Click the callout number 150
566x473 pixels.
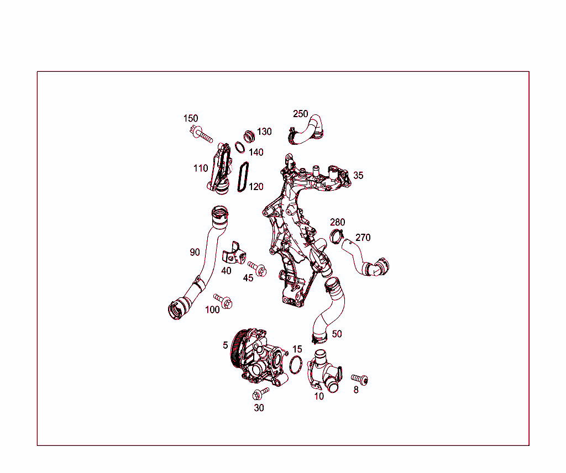coord(191,118)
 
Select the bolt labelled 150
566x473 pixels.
coord(201,134)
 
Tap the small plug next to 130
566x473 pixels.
coord(249,136)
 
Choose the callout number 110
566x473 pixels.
coord(201,168)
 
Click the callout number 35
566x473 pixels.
coord(358,175)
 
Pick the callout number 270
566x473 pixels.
coord(363,238)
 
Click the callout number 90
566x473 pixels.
coord(195,252)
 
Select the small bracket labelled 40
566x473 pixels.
coord(234,253)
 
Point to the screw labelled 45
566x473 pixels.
coord(258,269)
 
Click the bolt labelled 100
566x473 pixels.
coord(223,301)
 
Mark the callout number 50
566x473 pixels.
coord(337,334)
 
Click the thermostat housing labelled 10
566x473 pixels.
coord(324,372)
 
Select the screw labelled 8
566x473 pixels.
coord(359,379)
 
